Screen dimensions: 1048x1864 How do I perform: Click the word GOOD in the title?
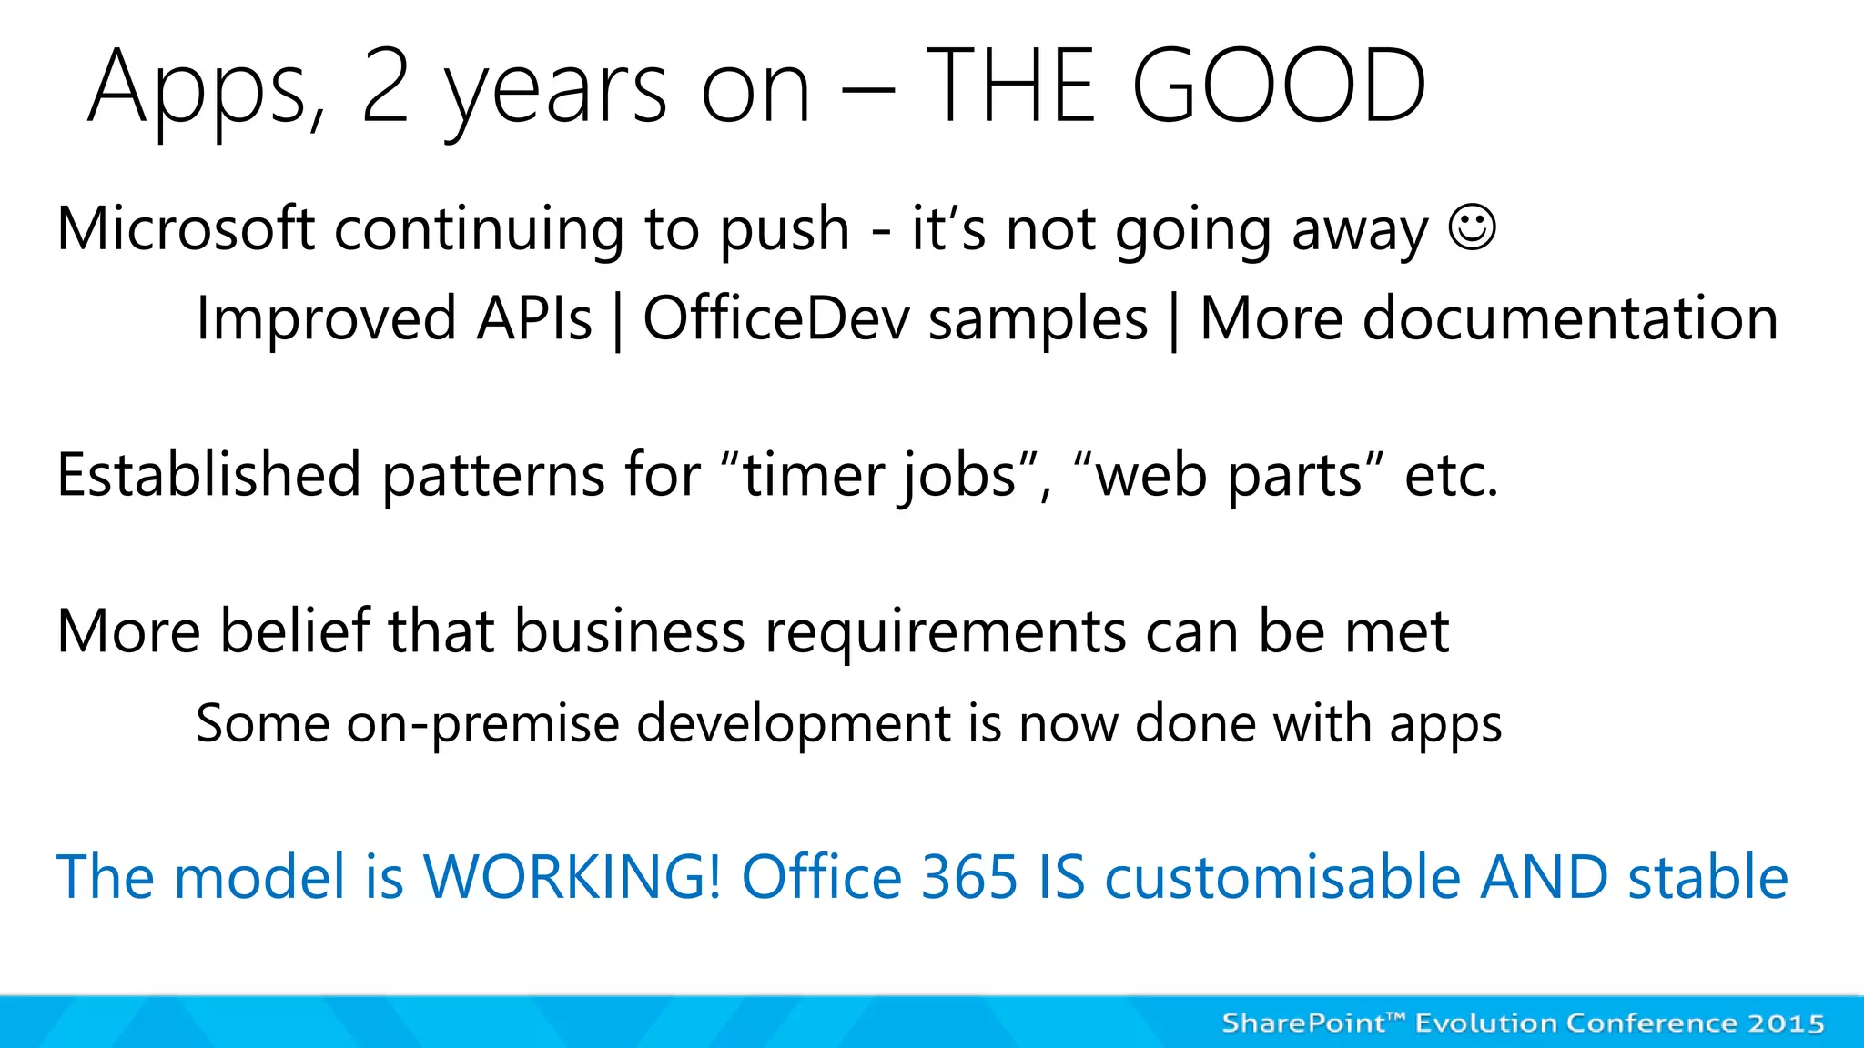[1279, 86]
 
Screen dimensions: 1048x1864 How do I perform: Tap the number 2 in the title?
[385, 86]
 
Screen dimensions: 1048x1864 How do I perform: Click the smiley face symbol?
[1472, 227]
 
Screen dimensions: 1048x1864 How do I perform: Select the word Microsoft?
[186, 227]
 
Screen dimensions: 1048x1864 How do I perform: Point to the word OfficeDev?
[776, 318]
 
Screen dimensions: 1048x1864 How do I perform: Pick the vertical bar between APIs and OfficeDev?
[618, 320]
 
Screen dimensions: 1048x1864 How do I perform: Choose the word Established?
[209, 475]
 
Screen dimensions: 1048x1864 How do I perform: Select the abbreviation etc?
[1451, 475]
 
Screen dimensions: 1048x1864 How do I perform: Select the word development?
[793, 724]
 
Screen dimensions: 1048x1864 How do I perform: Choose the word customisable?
[1282, 877]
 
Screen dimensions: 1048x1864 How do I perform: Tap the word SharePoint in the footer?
[1302, 1023]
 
